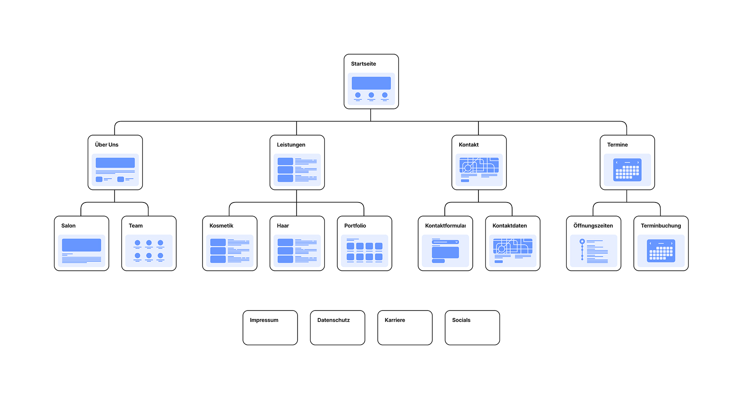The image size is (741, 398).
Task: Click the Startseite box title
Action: [364, 64]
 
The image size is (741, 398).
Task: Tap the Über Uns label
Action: [107, 145]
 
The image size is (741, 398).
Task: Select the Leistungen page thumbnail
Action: [297, 170]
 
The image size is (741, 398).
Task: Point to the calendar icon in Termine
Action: [627, 170]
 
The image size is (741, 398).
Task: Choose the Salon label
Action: [68, 226]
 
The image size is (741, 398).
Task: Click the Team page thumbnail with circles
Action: [149, 251]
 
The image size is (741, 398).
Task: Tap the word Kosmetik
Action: [221, 226]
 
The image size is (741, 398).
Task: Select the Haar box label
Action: [283, 226]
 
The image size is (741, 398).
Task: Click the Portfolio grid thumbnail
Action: [364, 251]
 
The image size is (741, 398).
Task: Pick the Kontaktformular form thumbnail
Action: [445, 251]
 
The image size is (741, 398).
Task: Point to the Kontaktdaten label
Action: [509, 226]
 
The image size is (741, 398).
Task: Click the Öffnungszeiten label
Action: [593, 226]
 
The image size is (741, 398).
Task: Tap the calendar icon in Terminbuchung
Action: [661, 251]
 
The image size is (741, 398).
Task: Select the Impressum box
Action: [270, 328]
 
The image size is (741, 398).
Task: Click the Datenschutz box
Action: [337, 328]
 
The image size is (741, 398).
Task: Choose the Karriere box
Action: [405, 328]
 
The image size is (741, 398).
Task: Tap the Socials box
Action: [472, 328]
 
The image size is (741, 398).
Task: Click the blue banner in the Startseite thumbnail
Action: [371, 83]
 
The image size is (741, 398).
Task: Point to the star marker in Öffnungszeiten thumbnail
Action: [582, 241]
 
